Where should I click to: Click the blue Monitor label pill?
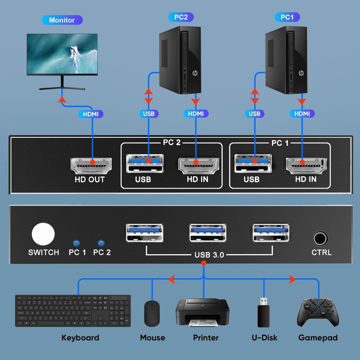[x=62, y=20]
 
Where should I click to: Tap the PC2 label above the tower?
[x=181, y=17]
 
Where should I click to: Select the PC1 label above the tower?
[x=287, y=17]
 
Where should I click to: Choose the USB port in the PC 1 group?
[x=253, y=163]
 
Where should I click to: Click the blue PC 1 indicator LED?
[x=76, y=243]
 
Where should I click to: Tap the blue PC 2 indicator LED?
[x=101, y=243]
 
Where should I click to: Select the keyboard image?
[x=73, y=310]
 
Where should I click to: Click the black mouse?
[x=152, y=314]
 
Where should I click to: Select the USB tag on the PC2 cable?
[x=148, y=114]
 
